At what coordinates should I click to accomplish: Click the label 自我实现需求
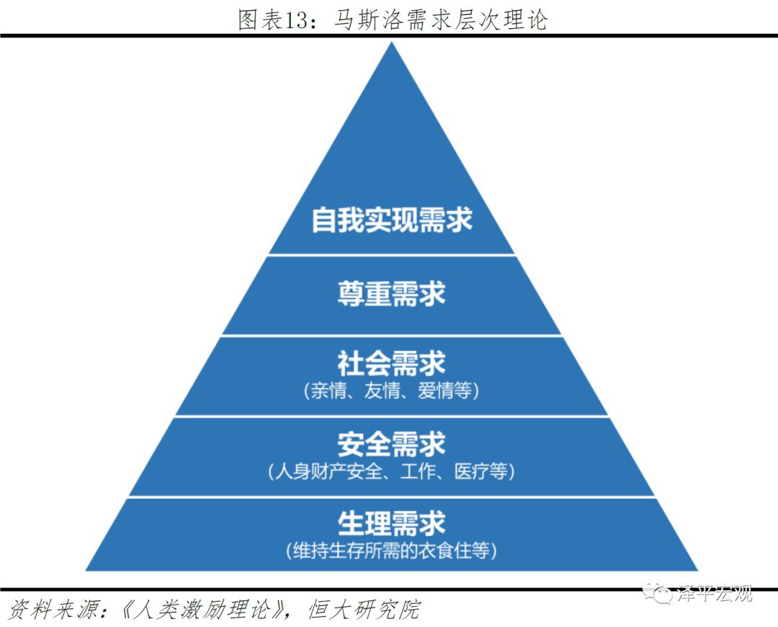tap(392, 219)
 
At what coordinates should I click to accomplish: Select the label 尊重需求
tap(392, 293)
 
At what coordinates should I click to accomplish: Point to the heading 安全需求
tap(392, 444)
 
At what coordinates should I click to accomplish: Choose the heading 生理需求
tap(392, 523)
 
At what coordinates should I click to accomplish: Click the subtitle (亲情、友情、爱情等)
tap(392, 391)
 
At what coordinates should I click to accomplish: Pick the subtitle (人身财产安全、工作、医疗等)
tap(392, 472)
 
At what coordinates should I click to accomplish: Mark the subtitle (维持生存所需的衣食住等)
tap(392, 551)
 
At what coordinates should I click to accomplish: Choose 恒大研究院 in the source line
tap(364, 610)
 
